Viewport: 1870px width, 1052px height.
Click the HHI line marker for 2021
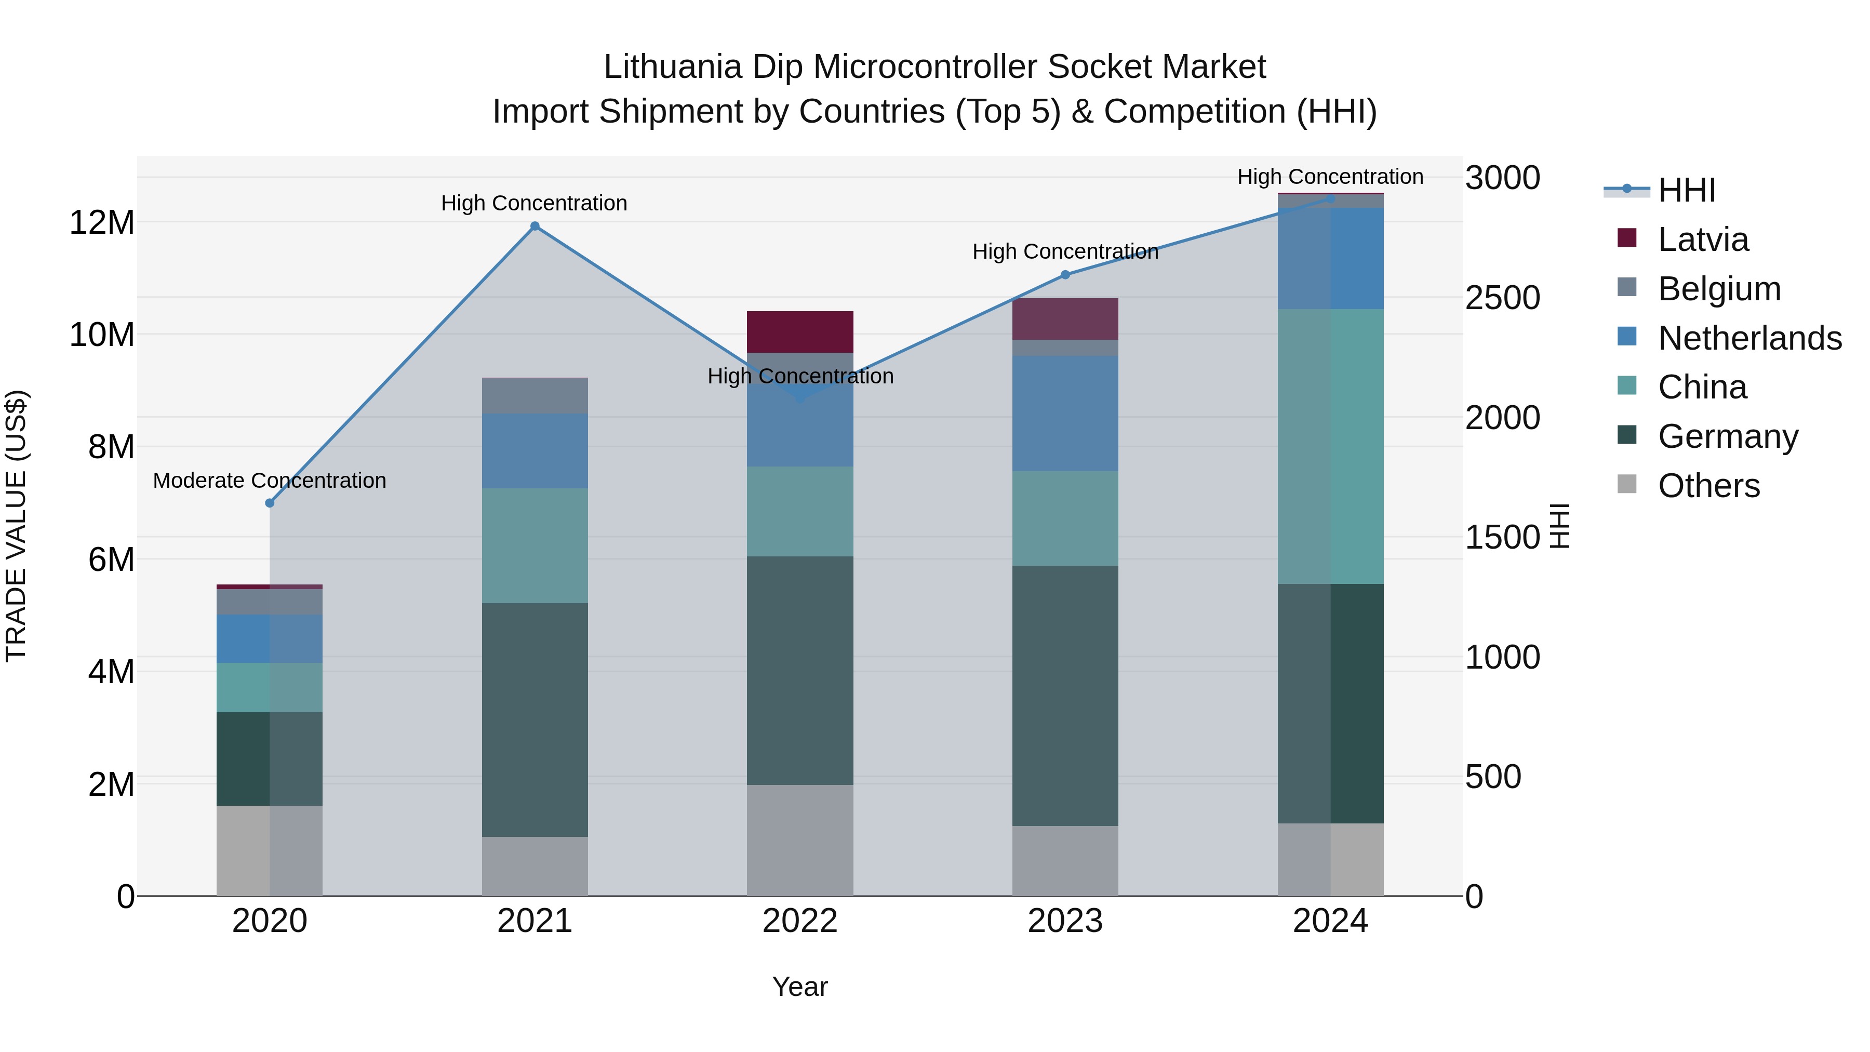pos(535,226)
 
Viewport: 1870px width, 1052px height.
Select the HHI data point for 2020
pos(270,502)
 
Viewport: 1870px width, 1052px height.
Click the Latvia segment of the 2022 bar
pos(800,332)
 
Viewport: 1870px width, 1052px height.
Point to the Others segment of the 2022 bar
pos(800,840)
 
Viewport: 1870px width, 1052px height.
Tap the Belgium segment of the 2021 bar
pos(535,396)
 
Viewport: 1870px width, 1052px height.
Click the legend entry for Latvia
pos(1703,239)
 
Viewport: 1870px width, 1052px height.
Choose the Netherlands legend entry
pos(1749,338)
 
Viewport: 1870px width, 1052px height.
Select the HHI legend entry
pos(1686,190)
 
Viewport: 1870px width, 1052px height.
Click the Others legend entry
pos(1709,485)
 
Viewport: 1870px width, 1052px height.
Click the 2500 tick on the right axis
pos(1502,298)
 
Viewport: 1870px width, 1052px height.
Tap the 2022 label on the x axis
pos(800,921)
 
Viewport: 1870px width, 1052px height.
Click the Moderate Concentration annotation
pos(269,480)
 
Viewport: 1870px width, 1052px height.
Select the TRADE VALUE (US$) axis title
pos(16,526)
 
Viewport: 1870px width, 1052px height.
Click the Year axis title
pos(800,987)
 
